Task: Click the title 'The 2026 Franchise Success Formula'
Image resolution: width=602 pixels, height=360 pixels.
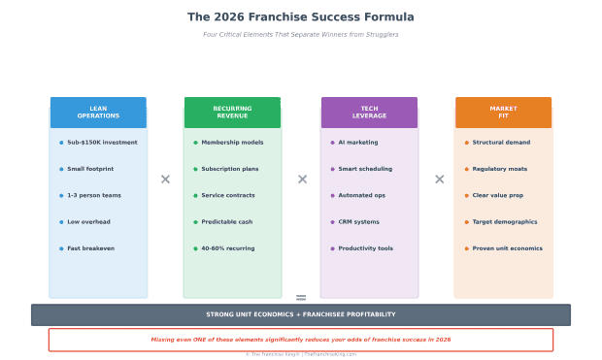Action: pos(300,17)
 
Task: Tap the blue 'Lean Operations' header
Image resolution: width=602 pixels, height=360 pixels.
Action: pos(98,113)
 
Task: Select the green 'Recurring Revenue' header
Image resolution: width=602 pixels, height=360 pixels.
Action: pos(232,113)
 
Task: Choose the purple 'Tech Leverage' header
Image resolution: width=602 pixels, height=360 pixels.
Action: pos(369,113)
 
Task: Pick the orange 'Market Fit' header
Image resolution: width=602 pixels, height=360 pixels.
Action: pos(503,113)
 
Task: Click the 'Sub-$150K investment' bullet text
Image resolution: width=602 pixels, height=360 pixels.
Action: pos(102,143)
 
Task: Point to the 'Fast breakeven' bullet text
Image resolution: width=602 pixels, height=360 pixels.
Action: pos(90,248)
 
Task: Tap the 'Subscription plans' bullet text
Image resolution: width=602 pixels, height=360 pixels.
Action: pos(230,169)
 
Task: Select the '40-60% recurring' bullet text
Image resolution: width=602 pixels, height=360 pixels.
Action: pos(228,248)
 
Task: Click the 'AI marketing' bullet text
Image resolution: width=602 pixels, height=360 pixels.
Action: pos(358,143)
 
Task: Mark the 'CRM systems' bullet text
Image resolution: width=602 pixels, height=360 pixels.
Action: pos(359,222)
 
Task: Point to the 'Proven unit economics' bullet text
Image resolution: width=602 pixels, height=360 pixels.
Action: pos(508,248)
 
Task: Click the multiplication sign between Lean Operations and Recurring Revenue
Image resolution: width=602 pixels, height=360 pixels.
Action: pos(165,180)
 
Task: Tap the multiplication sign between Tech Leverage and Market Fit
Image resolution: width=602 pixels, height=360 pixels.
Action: pos(439,180)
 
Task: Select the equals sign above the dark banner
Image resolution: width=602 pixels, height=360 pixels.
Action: pos(301,298)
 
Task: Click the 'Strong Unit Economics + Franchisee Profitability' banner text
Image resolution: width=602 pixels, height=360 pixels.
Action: pos(301,314)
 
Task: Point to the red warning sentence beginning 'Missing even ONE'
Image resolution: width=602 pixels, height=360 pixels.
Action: pos(301,340)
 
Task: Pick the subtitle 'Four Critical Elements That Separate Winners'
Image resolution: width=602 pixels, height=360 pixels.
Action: pos(301,35)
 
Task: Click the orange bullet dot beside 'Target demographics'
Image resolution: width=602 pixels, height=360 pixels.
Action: pos(466,222)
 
